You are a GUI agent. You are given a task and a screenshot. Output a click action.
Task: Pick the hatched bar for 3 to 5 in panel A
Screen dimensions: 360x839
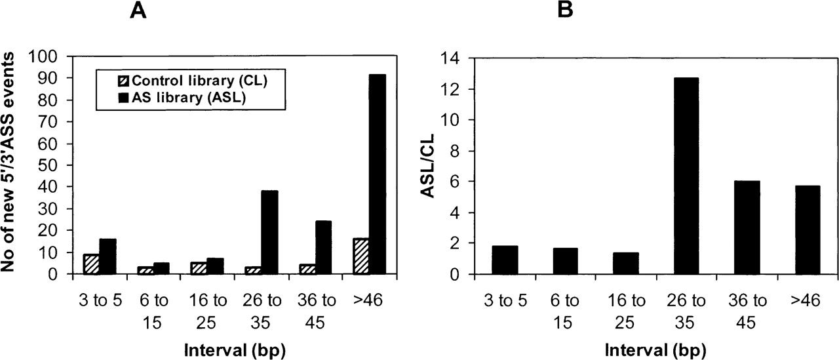[91, 264]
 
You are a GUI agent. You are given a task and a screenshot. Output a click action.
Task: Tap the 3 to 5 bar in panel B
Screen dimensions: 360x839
[505, 260]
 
